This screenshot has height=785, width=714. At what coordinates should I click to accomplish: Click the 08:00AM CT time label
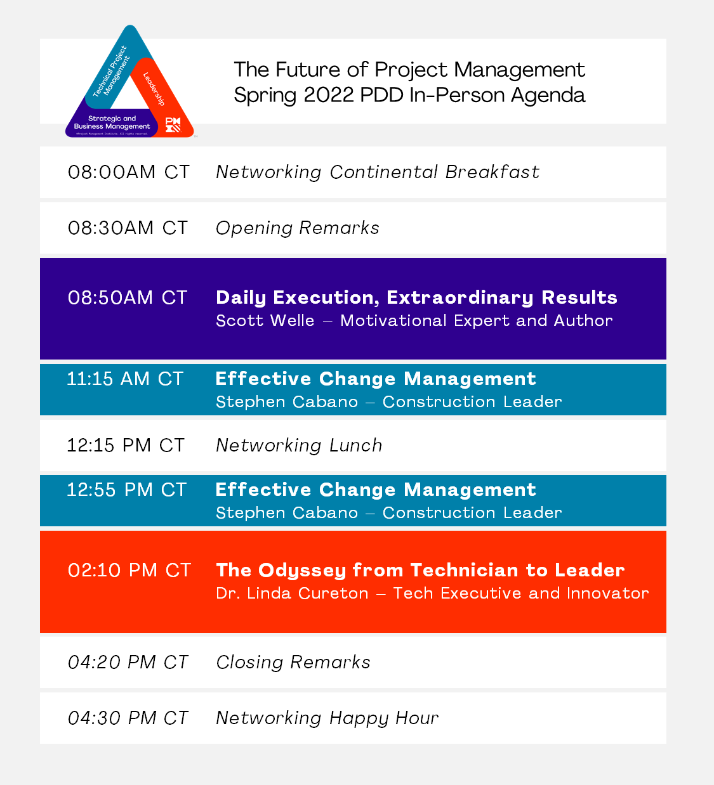(x=129, y=172)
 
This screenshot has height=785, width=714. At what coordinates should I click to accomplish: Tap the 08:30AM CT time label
(x=128, y=228)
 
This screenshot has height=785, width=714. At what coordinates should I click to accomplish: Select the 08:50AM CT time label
(x=128, y=297)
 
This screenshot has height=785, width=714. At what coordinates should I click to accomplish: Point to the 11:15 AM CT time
(x=125, y=379)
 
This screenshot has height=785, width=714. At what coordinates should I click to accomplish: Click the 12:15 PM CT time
(x=126, y=445)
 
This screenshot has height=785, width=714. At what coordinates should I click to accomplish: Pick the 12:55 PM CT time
(x=126, y=490)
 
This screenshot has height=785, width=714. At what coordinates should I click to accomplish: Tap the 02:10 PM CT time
(x=129, y=570)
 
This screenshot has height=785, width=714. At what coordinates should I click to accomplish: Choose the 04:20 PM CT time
(x=128, y=662)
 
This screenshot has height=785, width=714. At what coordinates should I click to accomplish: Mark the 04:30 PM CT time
(x=128, y=718)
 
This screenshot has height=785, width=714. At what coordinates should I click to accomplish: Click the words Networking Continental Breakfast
(x=378, y=172)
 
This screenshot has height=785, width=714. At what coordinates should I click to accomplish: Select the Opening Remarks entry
(x=298, y=228)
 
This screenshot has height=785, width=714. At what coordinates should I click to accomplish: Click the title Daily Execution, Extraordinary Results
(x=416, y=298)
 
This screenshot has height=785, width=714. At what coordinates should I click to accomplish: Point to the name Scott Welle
(x=265, y=320)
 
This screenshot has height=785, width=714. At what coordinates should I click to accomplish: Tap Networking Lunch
(x=299, y=445)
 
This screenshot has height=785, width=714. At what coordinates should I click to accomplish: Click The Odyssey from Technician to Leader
(x=420, y=571)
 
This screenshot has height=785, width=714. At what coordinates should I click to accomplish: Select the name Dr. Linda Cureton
(x=292, y=594)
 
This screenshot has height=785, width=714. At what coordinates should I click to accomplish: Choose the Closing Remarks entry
(x=293, y=663)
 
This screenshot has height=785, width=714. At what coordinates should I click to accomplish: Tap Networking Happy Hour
(x=327, y=718)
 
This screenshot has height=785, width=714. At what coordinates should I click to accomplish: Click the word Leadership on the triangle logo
(x=154, y=89)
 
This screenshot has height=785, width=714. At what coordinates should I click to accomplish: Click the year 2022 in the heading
(x=329, y=95)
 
